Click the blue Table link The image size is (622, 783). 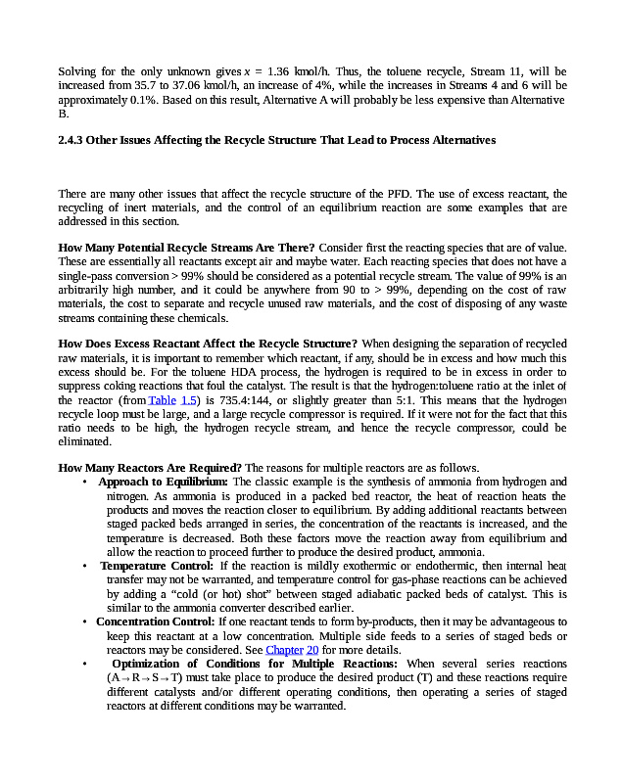[x=162, y=400]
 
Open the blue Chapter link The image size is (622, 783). [x=284, y=650]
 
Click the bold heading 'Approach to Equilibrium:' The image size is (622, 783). [x=163, y=482]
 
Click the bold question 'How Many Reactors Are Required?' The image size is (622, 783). [x=150, y=467]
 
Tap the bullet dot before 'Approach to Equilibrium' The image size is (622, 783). [x=86, y=482]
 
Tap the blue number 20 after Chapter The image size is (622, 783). [x=312, y=650]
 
